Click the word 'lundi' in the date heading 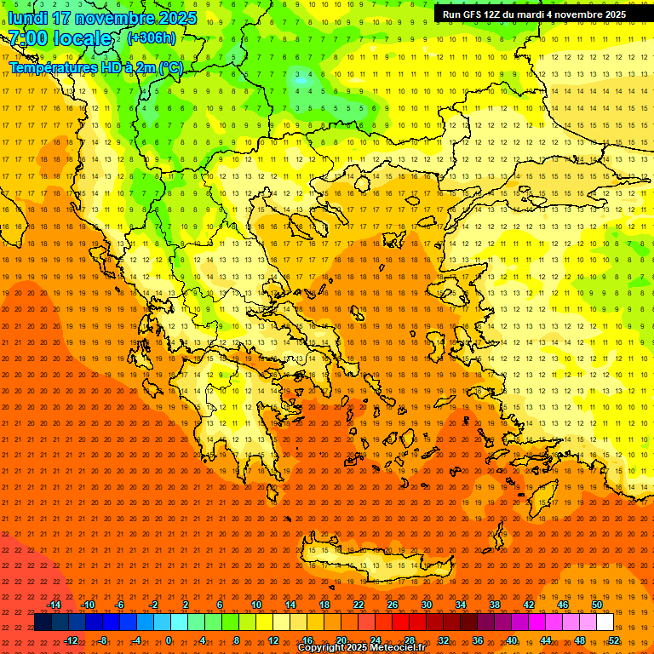tap(28, 18)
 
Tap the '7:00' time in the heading tap(28, 38)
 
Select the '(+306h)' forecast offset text tap(152, 37)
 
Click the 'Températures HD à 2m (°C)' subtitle tap(95, 68)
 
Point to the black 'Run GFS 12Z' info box tap(534, 14)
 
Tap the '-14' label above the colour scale tap(54, 605)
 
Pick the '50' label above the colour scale tap(596, 605)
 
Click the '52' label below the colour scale tap(613, 640)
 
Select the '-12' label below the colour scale tap(71, 640)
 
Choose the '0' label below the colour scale tap(169, 640)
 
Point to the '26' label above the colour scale tap(393, 605)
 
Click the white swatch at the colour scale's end tap(605, 622)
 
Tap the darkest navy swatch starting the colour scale tap(43, 622)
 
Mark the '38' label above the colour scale tap(495, 605)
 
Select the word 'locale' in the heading tap(83, 38)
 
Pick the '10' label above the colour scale tap(256, 605)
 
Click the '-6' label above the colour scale tap(119, 605)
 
